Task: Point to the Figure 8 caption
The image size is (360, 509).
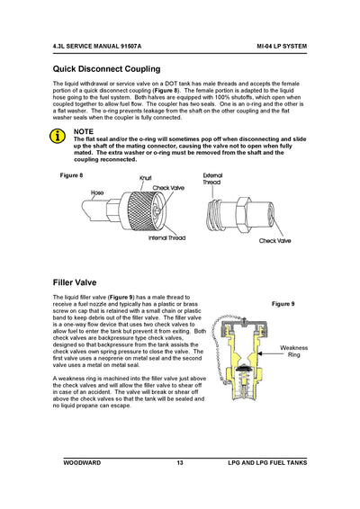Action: point(71,174)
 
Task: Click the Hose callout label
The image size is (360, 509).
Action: point(97,192)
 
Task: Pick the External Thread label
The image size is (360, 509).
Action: point(213,179)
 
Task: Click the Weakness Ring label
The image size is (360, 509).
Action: point(293,351)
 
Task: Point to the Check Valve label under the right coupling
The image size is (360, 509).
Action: point(274,240)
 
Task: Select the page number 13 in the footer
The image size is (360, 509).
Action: point(180,462)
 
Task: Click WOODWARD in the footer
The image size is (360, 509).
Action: point(82,462)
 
